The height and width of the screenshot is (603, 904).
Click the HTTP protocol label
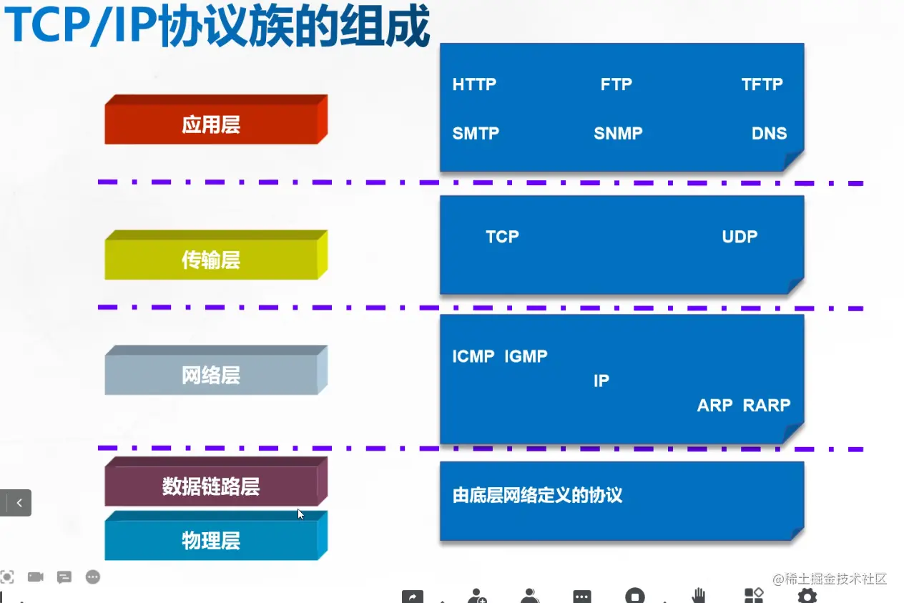[474, 84]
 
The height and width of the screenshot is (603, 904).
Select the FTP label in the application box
[616, 84]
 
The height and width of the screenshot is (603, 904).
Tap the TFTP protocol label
[762, 84]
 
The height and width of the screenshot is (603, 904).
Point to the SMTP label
[476, 133]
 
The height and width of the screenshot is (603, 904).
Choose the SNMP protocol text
[618, 133]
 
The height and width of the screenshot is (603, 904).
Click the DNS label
[769, 133]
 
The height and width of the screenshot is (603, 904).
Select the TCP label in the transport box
[502, 237]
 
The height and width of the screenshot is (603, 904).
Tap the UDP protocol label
[740, 237]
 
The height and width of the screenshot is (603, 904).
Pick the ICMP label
[473, 356]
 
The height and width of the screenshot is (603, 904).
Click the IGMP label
[526, 356]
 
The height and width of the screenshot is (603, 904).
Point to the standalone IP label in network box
[601, 381]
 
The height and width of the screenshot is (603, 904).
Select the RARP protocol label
[767, 406]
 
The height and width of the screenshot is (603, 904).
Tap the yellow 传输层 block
[211, 260]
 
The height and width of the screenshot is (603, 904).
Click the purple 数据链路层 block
[211, 486]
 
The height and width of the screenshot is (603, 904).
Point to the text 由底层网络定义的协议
[537, 495]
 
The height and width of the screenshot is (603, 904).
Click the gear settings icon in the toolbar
[807, 595]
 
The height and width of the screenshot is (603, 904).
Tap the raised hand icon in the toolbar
[699, 595]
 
